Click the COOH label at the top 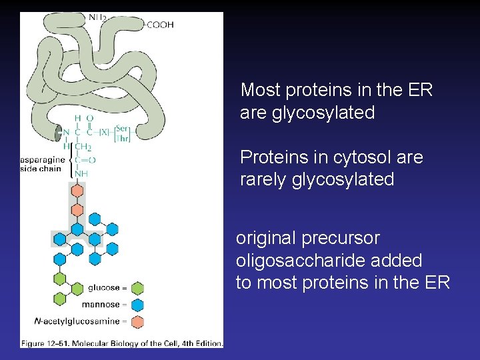[160, 25]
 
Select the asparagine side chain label [41, 165]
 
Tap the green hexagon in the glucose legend [137, 289]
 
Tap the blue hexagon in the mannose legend [137, 305]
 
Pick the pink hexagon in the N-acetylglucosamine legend [137, 321]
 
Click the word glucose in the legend [103, 289]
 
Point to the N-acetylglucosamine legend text [77, 321]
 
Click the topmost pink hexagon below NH [77, 191]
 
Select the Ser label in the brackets [122, 128]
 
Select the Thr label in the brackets [122, 138]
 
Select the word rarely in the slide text [263, 179]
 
